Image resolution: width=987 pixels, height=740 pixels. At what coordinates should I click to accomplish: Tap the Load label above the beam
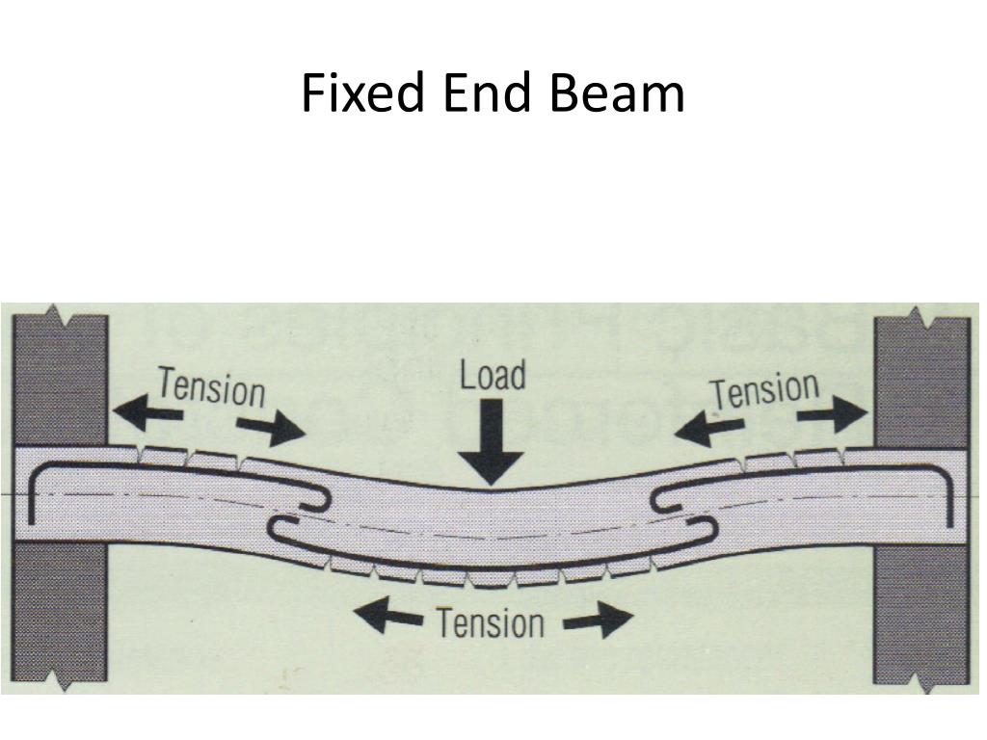tap(493, 375)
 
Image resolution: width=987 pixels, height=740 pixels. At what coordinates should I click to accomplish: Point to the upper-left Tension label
tap(211, 387)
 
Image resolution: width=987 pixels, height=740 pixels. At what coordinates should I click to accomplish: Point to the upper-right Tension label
tap(764, 391)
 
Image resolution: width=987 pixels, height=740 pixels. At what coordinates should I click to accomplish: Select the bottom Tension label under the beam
tap(491, 623)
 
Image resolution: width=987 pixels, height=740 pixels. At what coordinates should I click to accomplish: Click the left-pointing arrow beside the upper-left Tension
tap(147, 410)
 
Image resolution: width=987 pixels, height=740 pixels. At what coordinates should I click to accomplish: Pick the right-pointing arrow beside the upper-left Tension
tap(271, 429)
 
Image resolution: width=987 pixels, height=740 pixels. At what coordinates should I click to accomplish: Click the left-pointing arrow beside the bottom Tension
tap(388, 614)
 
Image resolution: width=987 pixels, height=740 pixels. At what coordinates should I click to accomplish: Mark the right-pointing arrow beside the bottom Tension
tap(598, 621)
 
